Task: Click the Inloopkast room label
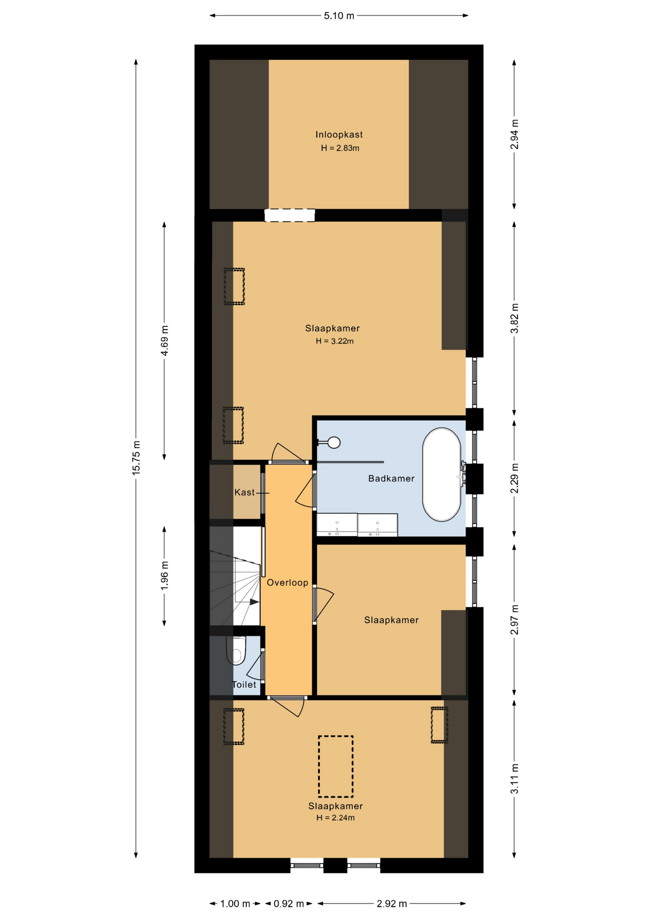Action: pyautogui.click(x=339, y=135)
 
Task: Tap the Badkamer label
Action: pyautogui.click(x=391, y=478)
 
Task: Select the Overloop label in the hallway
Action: pyautogui.click(x=287, y=583)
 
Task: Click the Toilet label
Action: pyautogui.click(x=244, y=684)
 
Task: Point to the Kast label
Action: pyautogui.click(x=245, y=492)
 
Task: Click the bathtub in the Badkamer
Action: pyautogui.click(x=441, y=474)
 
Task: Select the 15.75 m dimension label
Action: pyautogui.click(x=136, y=458)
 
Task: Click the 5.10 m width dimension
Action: pyautogui.click(x=339, y=16)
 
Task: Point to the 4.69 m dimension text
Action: pyautogui.click(x=164, y=340)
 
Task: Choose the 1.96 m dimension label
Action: pyautogui.click(x=164, y=575)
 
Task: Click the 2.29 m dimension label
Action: pyautogui.click(x=514, y=478)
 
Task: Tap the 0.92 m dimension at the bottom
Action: pyautogui.click(x=289, y=904)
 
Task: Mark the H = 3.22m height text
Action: pyautogui.click(x=335, y=341)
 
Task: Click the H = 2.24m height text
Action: pyautogui.click(x=336, y=818)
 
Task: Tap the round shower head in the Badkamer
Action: pyautogui.click(x=334, y=443)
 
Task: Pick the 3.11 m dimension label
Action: pyautogui.click(x=514, y=779)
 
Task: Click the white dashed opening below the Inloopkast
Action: pyautogui.click(x=290, y=215)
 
